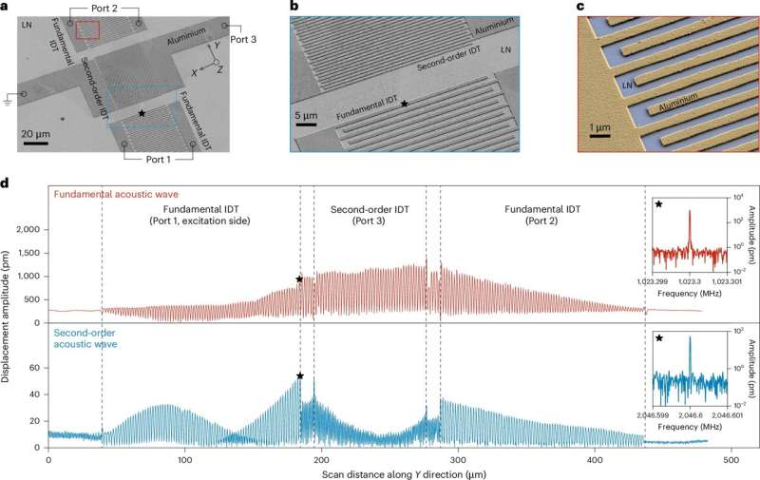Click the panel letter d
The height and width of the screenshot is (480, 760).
point(9,181)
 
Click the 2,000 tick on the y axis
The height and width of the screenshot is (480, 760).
point(30,230)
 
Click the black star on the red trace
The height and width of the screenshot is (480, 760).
point(299,279)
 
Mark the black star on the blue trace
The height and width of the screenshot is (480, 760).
point(300,376)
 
